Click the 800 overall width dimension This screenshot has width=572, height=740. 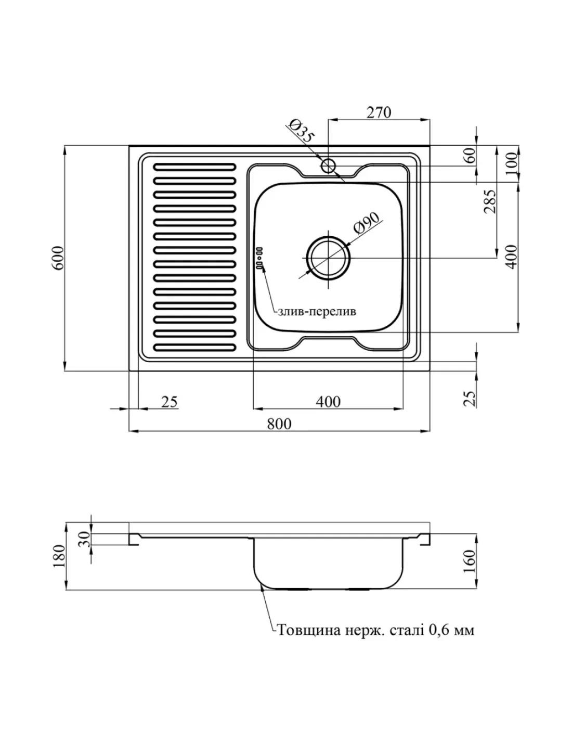pos(279,424)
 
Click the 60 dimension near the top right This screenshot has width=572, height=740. pos(470,156)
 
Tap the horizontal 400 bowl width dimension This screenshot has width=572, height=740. pos(328,401)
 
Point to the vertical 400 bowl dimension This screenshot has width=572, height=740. pos(512,256)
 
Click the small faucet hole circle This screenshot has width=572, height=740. pos(328,166)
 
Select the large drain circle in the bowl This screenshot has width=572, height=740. pos(328,257)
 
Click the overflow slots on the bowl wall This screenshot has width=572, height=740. pos(259,258)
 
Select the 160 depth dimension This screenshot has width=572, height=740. pos(470,561)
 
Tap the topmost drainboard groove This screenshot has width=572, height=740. pos(194,167)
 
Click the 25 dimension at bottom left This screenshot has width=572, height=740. pos(169,401)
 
